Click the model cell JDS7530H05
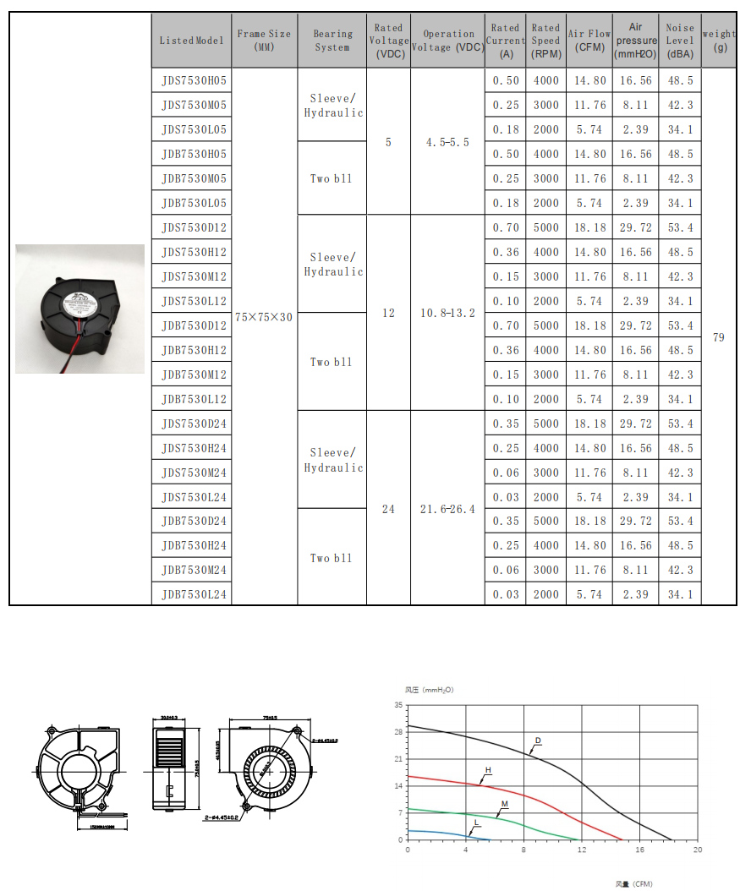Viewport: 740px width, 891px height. [194, 81]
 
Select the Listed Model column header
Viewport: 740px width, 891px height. [192, 41]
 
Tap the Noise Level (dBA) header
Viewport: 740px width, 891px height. [680, 40]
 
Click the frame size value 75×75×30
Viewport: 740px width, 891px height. [263, 317]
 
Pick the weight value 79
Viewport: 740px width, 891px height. [719, 337]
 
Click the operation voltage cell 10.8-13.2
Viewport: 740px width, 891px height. [447, 313]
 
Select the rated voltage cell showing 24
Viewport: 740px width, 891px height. [388, 509]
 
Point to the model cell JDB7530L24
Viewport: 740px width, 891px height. [194, 594]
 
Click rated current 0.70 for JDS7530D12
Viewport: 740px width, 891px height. [506, 228]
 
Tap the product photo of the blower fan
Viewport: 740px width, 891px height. [79, 309]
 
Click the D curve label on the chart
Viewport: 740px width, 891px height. [537, 740]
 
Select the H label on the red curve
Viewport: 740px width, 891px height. [488, 770]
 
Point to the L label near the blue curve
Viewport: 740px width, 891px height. [476, 821]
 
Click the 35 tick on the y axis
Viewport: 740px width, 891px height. [398, 705]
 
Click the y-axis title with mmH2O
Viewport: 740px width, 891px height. [429, 690]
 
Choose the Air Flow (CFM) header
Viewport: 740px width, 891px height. [589, 40]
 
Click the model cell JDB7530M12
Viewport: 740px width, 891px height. [194, 374]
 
